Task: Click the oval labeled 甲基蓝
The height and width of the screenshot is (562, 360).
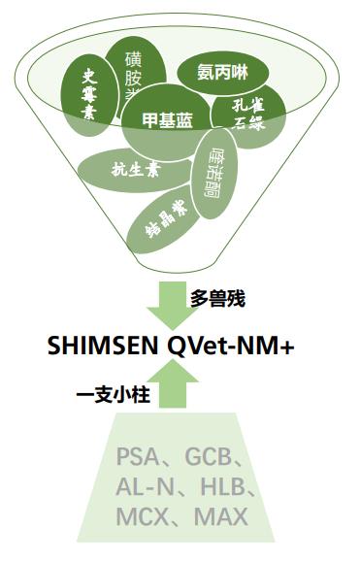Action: pos(167,119)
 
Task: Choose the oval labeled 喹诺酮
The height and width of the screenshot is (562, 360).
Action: pos(212,175)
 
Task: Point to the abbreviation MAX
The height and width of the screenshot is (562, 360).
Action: pos(221,516)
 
